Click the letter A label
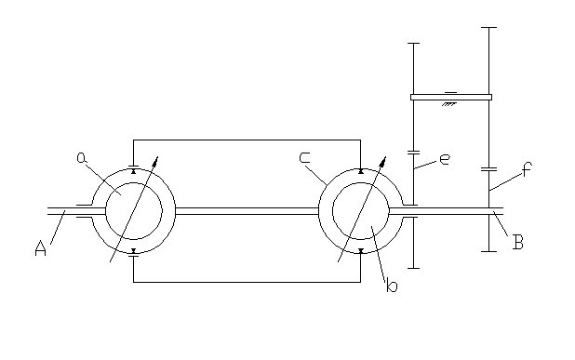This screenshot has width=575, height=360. coord(40,248)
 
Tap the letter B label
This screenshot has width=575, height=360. coord(518,242)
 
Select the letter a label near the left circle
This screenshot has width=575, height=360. coord(82,157)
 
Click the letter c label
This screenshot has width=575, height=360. coord(305,157)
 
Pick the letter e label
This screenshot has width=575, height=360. coord(445,159)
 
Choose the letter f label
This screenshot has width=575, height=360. coord(527,169)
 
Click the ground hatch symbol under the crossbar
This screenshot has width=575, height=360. coord(449,104)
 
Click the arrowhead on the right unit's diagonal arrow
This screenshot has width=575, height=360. coord(383,160)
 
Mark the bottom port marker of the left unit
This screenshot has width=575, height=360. coord(133,251)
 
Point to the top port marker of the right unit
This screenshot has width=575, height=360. coord(361,171)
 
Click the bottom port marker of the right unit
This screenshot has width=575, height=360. coord(361,251)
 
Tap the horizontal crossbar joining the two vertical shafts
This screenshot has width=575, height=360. coord(451,97)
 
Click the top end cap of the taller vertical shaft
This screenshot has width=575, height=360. coord(488,27)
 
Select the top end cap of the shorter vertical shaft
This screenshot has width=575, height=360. coord(414,44)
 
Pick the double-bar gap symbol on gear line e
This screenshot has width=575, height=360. coord(414,153)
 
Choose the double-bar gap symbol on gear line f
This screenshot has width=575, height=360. coord(488,169)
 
